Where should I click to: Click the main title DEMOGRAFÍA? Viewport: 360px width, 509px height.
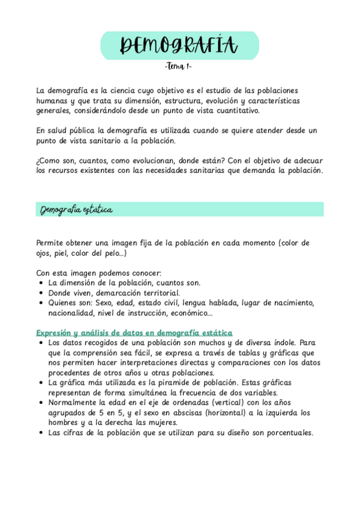[x=179, y=45]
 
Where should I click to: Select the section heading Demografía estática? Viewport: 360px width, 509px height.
[x=76, y=209]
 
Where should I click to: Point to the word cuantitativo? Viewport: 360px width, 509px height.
[x=234, y=110]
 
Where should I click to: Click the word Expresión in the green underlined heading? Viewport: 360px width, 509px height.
[x=55, y=333]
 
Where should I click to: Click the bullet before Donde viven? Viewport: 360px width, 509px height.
[x=40, y=292]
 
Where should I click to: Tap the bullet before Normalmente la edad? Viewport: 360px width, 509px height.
[x=40, y=402]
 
